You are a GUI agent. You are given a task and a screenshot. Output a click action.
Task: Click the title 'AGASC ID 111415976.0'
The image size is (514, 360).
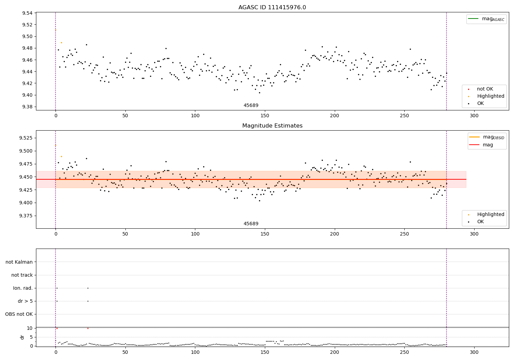[x=272, y=8]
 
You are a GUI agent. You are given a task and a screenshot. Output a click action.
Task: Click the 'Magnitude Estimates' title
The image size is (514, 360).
[x=272, y=126]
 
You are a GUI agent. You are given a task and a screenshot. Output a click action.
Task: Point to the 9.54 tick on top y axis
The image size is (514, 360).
[x=27, y=13]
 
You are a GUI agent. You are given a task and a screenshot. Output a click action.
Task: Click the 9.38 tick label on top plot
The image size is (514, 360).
[x=27, y=107]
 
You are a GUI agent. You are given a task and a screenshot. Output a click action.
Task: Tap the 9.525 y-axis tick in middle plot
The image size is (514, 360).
[x=26, y=138]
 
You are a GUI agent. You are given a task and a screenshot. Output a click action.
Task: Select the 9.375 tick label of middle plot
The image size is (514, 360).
[x=26, y=216]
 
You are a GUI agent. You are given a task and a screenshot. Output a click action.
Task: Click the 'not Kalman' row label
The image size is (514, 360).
[x=19, y=262]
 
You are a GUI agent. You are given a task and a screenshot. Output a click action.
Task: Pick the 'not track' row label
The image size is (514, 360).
[x=22, y=275]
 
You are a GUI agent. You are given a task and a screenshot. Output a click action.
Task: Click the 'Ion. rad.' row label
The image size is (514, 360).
[x=23, y=288]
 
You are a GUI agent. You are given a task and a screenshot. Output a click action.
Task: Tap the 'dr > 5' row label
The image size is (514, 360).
[x=25, y=301]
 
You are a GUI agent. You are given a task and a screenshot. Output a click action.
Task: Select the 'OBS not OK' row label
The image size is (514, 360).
[x=19, y=314]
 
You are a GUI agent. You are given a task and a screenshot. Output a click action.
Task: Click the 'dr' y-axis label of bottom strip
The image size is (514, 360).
[x=22, y=337]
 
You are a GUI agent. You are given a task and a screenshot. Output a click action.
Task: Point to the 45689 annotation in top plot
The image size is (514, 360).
[x=251, y=106]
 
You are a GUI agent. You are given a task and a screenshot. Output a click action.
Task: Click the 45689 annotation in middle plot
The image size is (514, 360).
[x=251, y=224]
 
